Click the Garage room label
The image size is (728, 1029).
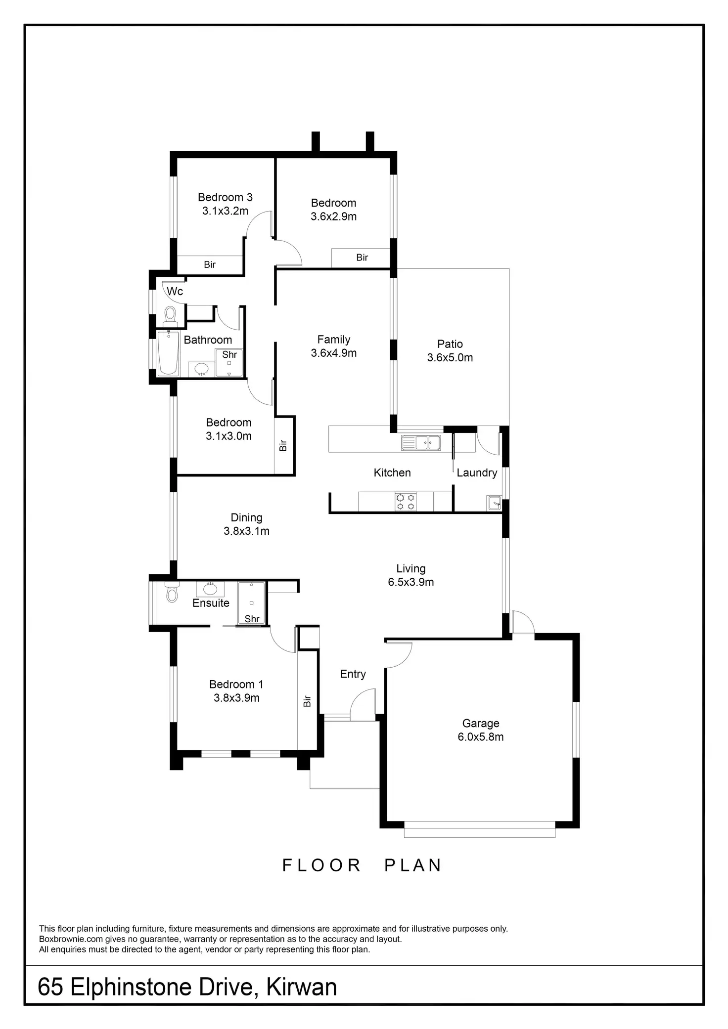pos(480,723)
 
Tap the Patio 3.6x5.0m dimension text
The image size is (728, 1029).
pos(450,357)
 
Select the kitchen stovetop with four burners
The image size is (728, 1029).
pos(406,501)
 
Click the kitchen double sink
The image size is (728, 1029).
pos(421,442)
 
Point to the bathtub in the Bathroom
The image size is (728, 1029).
pos(168,353)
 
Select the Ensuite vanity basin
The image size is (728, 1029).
pos(210,589)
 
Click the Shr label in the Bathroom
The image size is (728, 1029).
pos(229,354)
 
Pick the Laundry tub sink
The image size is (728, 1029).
pos(494,503)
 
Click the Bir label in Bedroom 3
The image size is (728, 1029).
pos(210,264)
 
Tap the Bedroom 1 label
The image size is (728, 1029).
pos(236,684)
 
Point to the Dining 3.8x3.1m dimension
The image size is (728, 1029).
pos(246,531)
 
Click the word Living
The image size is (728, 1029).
pos(410,569)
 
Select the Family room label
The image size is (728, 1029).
pos(333,340)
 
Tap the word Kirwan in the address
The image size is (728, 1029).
pos(302,987)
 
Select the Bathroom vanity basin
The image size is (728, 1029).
pos(201,369)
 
